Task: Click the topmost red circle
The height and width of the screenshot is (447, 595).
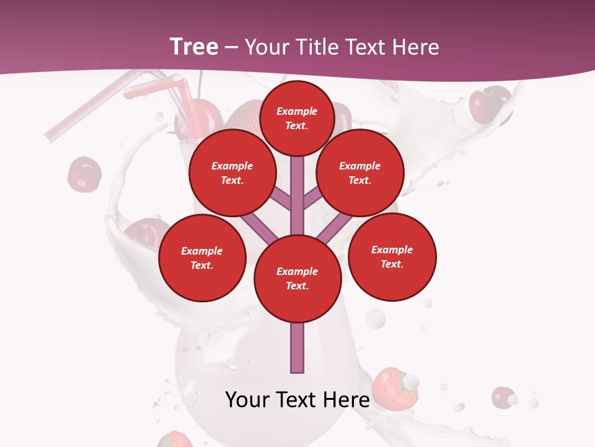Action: click(297, 118)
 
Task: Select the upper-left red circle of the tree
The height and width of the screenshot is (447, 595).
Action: click(232, 173)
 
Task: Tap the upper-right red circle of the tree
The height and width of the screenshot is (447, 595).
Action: click(360, 173)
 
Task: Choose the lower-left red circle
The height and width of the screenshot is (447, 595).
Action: click(202, 258)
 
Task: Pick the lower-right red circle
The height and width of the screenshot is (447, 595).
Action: click(392, 257)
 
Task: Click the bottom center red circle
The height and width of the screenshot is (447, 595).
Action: click(297, 279)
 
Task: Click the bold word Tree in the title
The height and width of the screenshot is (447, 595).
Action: click(194, 47)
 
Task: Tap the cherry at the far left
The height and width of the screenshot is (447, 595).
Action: click(84, 174)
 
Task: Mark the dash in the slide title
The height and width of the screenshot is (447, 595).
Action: click(232, 47)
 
